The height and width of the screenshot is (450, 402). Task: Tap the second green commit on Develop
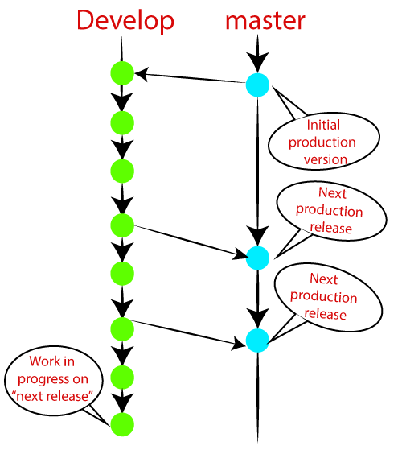pyautogui.click(x=121, y=123)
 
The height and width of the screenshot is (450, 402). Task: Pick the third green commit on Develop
pyautogui.click(x=121, y=171)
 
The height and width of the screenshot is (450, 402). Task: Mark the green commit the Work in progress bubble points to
pyautogui.click(x=121, y=423)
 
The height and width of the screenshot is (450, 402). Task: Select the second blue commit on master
pyautogui.click(x=257, y=258)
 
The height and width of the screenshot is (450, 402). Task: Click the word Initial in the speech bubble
pyautogui.click(x=325, y=126)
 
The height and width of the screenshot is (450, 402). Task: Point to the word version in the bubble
pyautogui.click(x=325, y=159)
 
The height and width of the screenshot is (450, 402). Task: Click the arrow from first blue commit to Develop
pyautogui.click(x=189, y=78)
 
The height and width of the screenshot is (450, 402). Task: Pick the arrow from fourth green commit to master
pyautogui.click(x=189, y=242)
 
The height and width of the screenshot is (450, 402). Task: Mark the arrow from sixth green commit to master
pyautogui.click(x=189, y=335)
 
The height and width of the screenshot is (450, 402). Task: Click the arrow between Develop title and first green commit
pyautogui.click(x=121, y=50)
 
